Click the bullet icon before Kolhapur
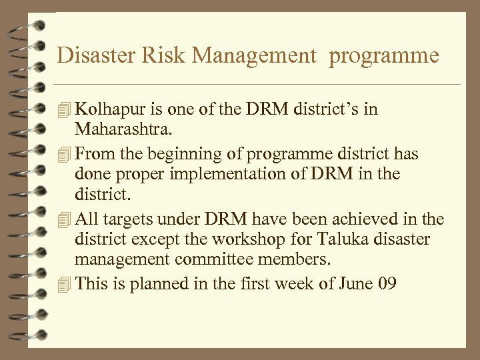(65, 109)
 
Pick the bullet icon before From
(65, 155)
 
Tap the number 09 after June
(387, 284)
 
